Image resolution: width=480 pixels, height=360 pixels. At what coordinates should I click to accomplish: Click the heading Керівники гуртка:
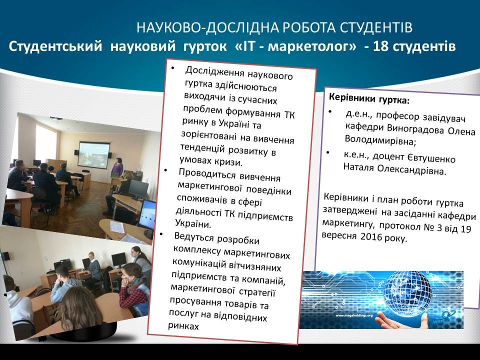coord(369,98)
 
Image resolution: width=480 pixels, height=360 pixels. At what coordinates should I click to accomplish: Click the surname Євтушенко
coord(431,157)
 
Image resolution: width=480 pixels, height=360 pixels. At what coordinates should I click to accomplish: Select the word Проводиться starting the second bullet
coord(207,174)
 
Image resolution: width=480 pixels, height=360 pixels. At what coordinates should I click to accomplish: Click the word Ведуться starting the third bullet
coord(194,237)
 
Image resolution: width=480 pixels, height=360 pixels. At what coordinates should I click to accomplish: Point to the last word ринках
coord(183,325)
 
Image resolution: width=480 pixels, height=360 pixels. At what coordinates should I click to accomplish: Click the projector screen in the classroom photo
coord(94,155)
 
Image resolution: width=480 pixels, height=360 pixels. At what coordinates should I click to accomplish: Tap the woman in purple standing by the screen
coord(117,168)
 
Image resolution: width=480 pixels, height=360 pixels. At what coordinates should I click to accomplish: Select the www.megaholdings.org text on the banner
coord(354,315)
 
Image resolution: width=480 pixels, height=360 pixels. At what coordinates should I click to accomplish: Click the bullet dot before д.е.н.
coord(330,111)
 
